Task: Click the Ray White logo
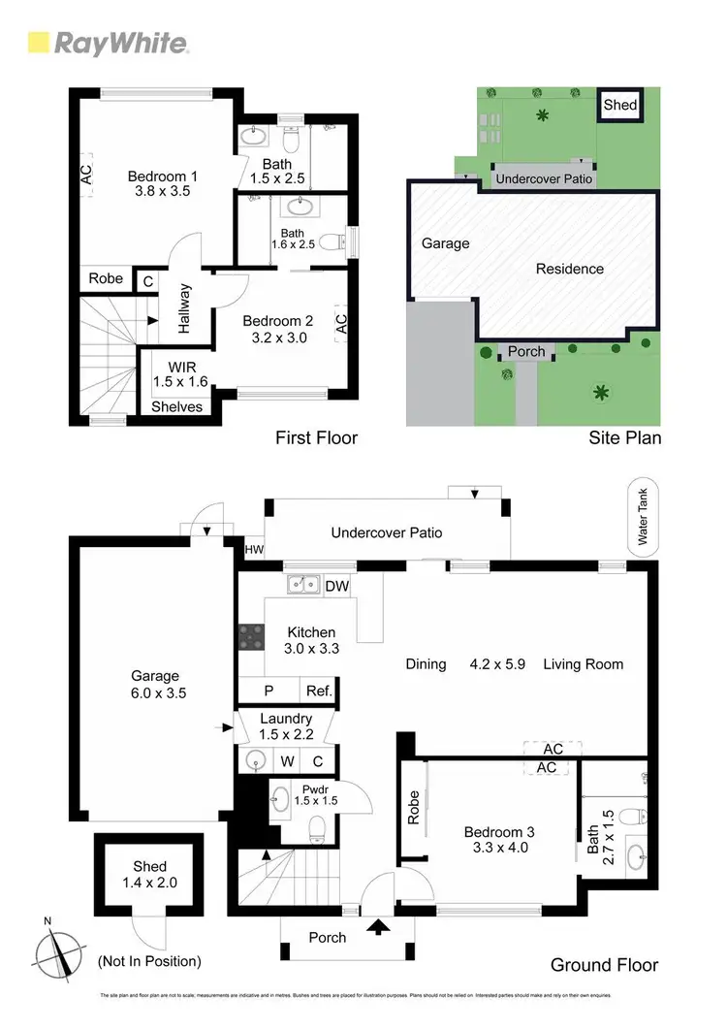point(108,43)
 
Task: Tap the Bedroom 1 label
point(163,184)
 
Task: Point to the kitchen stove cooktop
point(250,636)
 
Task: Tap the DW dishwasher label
point(336,586)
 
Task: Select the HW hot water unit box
point(254,550)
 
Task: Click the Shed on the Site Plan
point(620,104)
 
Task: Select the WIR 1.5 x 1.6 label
point(182,375)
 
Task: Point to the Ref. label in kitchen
point(319,691)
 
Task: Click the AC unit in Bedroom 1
point(85,176)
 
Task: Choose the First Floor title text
point(316,438)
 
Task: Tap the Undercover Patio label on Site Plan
point(544,179)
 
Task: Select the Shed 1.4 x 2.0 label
point(149,874)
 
